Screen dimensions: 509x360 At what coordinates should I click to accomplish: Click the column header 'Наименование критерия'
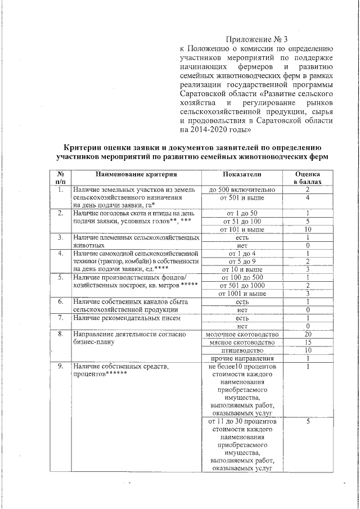[x=136, y=175]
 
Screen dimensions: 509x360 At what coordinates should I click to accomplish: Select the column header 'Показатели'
[x=242, y=175]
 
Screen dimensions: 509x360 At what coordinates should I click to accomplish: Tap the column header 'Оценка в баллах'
[x=308, y=179]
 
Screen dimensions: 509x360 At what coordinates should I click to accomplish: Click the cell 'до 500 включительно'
[x=242, y=190]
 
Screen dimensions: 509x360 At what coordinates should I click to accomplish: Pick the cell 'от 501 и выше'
[x=242, y=198]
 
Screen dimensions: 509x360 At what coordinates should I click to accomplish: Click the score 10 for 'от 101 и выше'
[x=308, y=229]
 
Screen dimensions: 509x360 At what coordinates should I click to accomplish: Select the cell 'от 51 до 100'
[x=242, y=222]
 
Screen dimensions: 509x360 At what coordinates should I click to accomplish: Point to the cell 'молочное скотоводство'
[x=242, y=335]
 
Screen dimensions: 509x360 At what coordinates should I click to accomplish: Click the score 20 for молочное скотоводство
[x=308, y=335]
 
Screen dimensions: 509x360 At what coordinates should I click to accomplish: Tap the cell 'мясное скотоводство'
[x=242, y=343]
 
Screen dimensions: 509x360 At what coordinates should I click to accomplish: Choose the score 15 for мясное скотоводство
[x=308, y=343]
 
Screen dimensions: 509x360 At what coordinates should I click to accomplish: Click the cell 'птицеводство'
[x=242, y=350]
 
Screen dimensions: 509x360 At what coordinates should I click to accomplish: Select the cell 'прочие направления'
[x=242, y=358]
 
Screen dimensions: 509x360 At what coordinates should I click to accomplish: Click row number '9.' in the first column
[x=60, y=367]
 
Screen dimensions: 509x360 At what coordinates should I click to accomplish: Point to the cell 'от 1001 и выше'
[x=242, y=294]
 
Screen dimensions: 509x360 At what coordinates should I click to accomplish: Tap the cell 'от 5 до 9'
[x=242, y=262]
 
